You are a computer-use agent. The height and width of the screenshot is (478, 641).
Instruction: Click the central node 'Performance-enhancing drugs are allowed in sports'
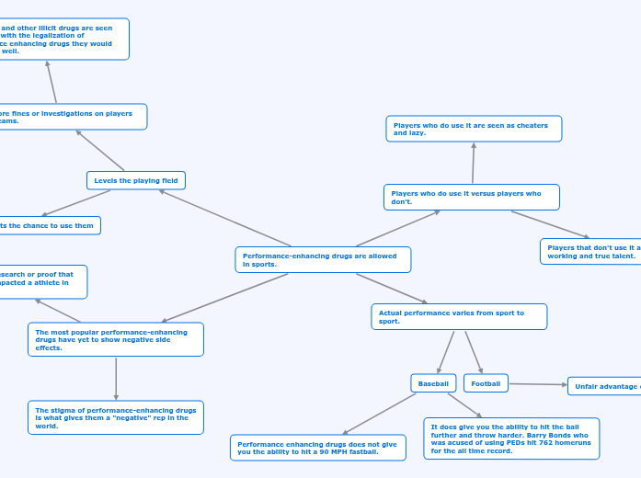click(322, 259)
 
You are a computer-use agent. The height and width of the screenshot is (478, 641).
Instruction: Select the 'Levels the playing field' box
click(136, 180)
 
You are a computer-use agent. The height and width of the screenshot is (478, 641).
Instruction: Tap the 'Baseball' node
click(433, 383)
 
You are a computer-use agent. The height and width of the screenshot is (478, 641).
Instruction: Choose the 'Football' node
click(486, 383)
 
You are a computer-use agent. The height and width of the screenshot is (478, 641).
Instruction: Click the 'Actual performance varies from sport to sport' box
click(459, 316)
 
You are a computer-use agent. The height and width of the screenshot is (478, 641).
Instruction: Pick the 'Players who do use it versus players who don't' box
click(471, 197)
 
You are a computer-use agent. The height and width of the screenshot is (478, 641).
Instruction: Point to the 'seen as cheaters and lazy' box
click(473, 129)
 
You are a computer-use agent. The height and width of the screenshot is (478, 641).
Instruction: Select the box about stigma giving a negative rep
click(116, 417)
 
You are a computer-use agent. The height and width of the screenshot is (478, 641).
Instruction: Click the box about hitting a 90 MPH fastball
click(317, 448)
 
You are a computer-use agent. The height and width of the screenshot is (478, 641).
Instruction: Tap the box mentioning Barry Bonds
click(511, 438)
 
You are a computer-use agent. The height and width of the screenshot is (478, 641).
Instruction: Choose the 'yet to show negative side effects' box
click(116, 339)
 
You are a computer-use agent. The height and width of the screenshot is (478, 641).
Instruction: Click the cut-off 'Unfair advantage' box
click(604, 386)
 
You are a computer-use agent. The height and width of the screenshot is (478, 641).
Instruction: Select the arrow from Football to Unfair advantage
click(538, 384)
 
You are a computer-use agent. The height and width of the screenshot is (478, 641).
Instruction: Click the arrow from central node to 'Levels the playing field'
click(225, 219)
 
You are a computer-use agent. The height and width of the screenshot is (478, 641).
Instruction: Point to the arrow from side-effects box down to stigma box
click(116, 378)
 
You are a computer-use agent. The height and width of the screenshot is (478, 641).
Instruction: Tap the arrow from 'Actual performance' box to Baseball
click(446, 351)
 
